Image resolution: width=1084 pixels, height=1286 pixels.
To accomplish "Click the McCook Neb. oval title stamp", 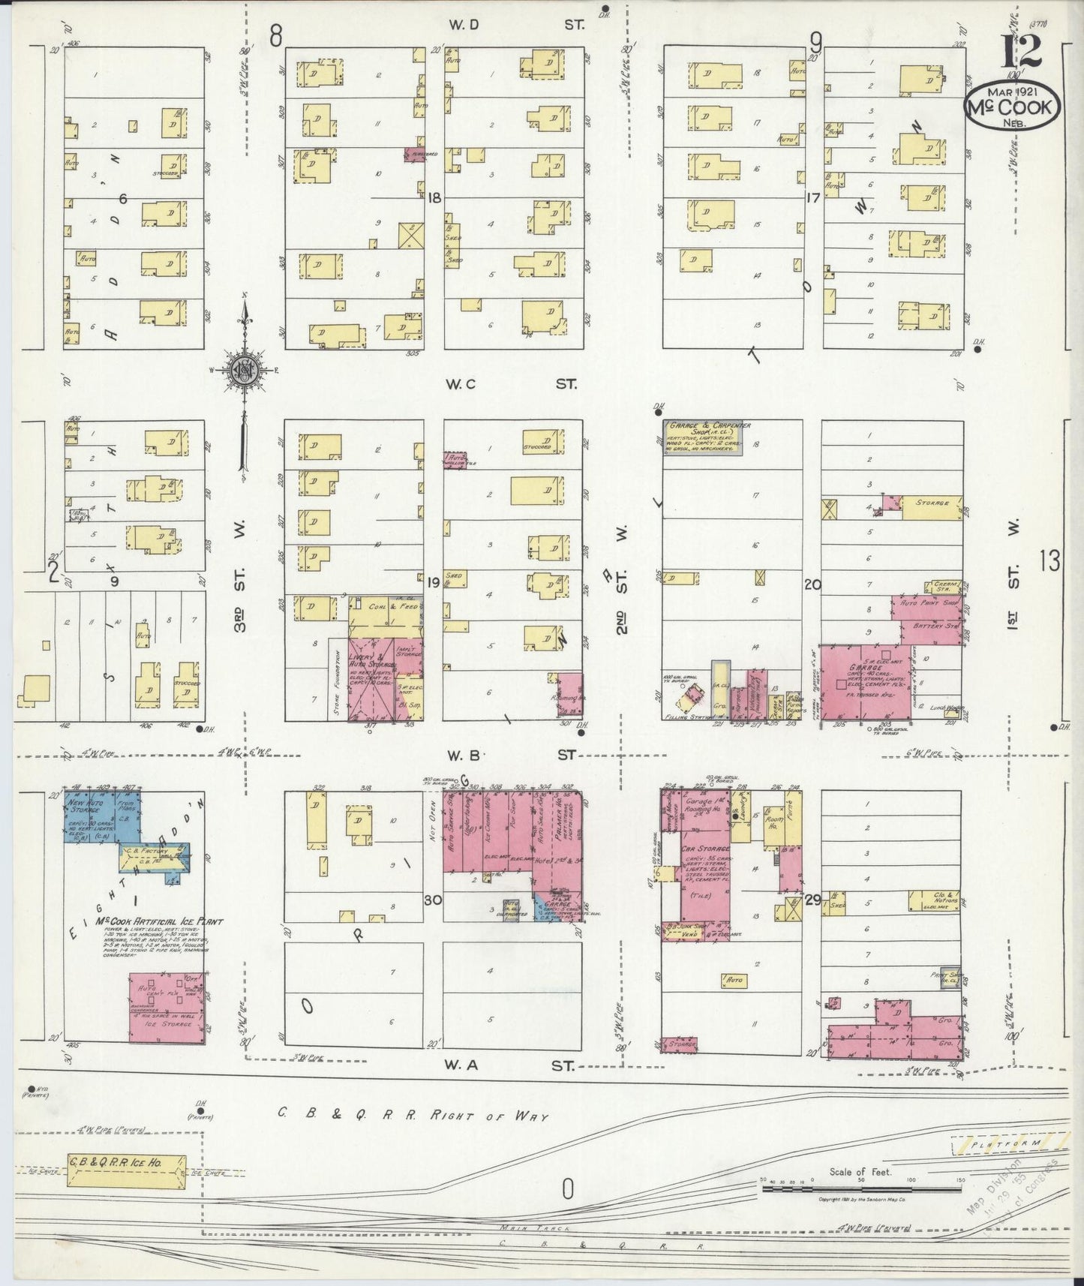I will tap(1012, 107).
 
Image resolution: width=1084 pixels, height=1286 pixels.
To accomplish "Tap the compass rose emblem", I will tap(244, 369).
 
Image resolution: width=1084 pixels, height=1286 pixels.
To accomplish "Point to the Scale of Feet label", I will tap(860, 1171).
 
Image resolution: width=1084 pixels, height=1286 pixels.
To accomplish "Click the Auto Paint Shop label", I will tap(926, 602).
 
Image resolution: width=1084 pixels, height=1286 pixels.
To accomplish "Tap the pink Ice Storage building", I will tap(166, 1008).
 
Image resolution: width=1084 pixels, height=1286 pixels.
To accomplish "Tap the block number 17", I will tap(812, 198).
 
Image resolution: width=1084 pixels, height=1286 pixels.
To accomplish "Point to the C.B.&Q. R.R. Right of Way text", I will tap(413, 1116).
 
